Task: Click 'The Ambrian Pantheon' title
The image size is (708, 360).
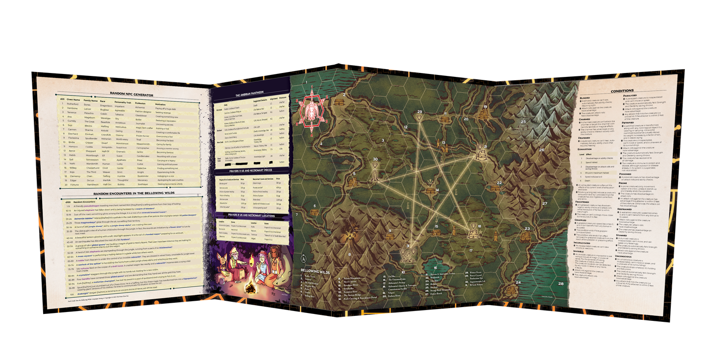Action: (250, 95)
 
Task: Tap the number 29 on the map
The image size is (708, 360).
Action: (419, 112)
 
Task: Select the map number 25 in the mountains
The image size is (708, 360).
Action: (523, 121)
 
